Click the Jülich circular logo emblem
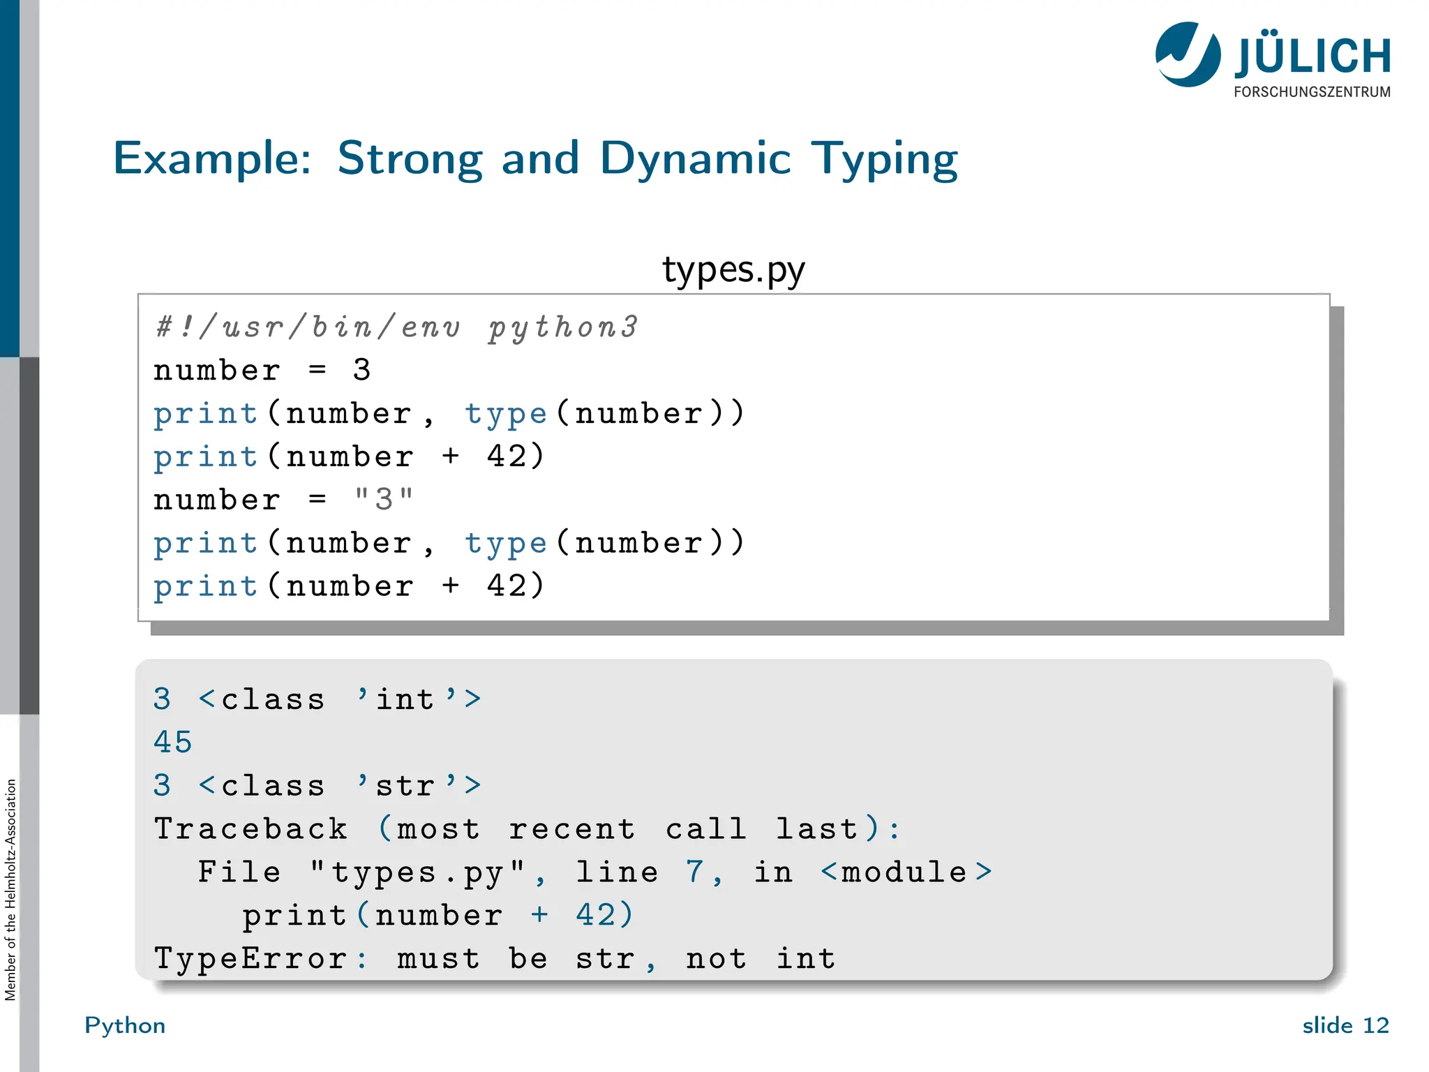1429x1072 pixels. pos(1188,54)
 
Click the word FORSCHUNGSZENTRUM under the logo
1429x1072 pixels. pos(1312,92)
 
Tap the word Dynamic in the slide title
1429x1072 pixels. pos(695,159)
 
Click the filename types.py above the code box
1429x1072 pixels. pos(733,270)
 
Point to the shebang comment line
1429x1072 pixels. pos(396,327)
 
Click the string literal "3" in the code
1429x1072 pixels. pos(384,500)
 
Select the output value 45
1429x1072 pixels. pos(172,743)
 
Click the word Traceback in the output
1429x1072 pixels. pos(250,829)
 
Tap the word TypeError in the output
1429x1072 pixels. pos(250,959)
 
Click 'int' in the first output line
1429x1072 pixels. pos(406,699)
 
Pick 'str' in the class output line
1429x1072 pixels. pos(406,786)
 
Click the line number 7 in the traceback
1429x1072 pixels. pos(694,872)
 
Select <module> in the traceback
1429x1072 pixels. pos(906,872)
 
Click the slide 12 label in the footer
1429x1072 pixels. pos(1345,1025)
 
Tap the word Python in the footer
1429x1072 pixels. pos(125,1026)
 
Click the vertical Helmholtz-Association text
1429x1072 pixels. pos(10,890)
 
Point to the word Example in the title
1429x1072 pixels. pos(211,159)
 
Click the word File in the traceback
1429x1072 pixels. pos(239,872)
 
